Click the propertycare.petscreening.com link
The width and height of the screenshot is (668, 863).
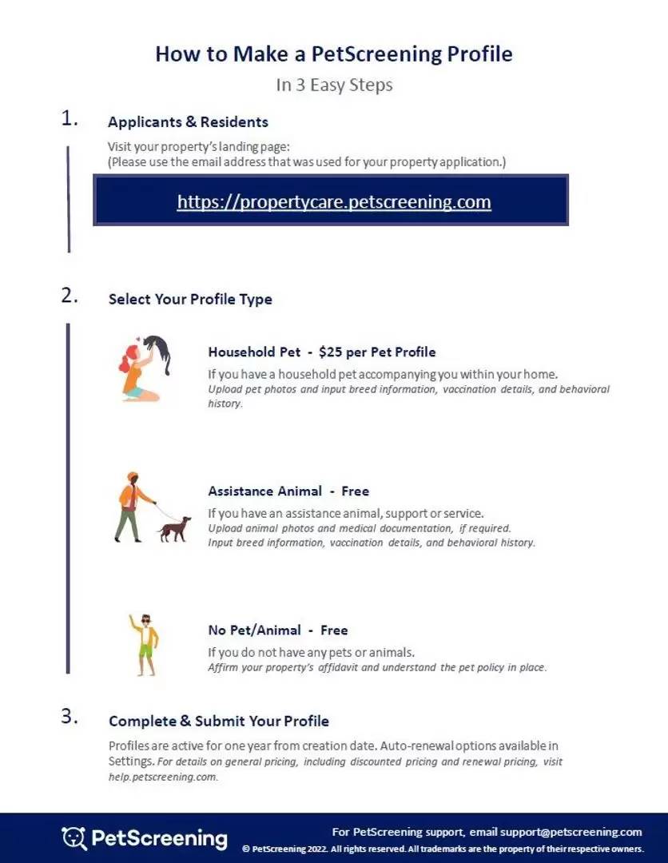pyautogui.click(x=334, y=201)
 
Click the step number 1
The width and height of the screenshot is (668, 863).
pyautogui.click(x=70, y=119)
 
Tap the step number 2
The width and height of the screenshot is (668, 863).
pyautogui.click(x=70, y=295)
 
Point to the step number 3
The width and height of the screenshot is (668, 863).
pyautogui.click(x=70, y=716)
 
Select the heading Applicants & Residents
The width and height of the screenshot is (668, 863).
pyautogui.click(x=188, y=122)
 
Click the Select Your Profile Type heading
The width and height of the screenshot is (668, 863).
pyautogui.click(x=190, y=300)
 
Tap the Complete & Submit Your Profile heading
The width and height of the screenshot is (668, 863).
pyautogui.click(x=218, y=721)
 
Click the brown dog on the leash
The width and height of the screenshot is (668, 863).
pyautogui.click(x=175, y=529)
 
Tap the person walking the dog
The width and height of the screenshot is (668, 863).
pyautogui.click(x=131, y=507)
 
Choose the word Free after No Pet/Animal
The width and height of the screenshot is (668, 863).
pyautogui.click(x=334, y=630)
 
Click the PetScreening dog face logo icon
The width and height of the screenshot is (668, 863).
pyautogui.click(x=74, y=837)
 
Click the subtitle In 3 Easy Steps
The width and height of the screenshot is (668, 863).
pyautogui.click(x=334, y=85)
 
